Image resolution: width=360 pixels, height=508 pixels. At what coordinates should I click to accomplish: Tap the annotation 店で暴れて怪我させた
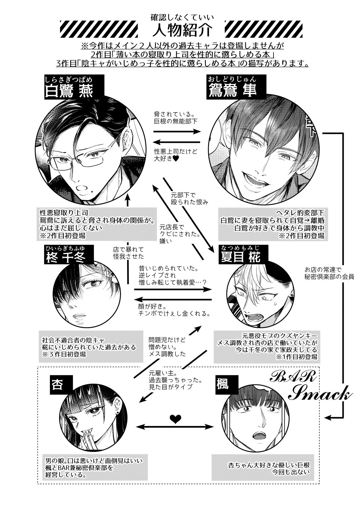pyautogui.click(x=128, y=253)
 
